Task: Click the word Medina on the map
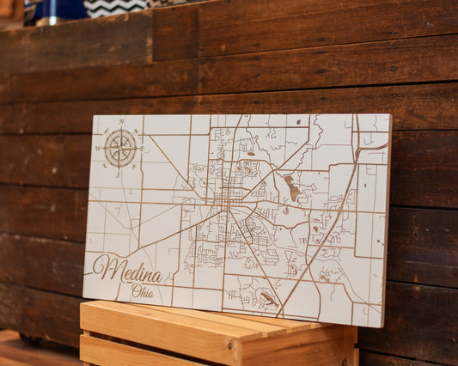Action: click(x=128, y=271)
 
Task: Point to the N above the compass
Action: click(x=122, y=122)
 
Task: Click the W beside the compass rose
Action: click(x=98, y=148)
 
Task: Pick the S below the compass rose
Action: click(x=120, y=174)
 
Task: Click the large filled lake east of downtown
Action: click(x=291, y=187)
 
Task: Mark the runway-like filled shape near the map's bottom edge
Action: click(x=268, y=298)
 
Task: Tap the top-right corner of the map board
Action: click(x=390, y=115)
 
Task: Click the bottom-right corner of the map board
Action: click(x=382, y=326)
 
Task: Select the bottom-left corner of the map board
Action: click(x=83, y=298)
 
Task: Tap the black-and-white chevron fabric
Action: click(x=115, y=7)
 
